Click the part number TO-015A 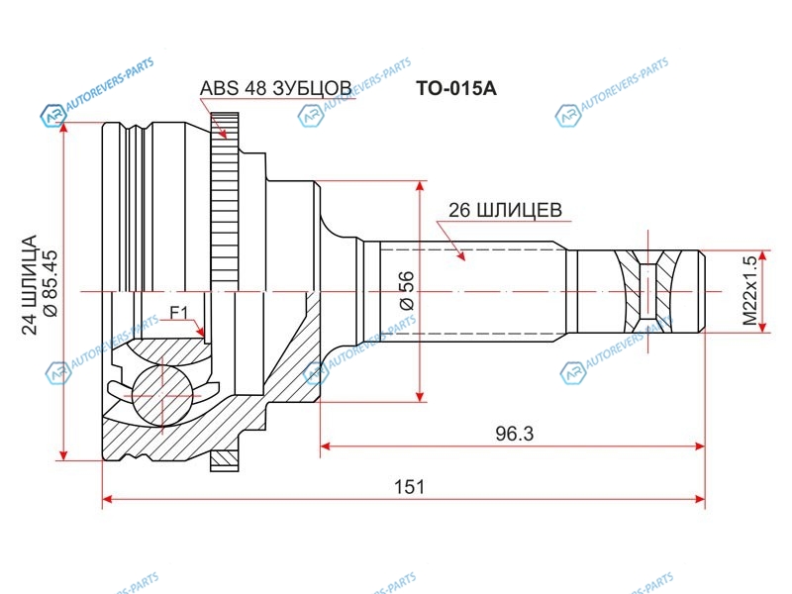[456, 88]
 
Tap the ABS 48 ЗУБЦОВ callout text [276, 88]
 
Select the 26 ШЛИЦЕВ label [505, 210]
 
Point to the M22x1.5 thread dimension [750, 291]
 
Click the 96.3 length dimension [514, 434]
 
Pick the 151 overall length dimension [409, 487]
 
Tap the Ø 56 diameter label [407, 290]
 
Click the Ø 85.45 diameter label [50, 284]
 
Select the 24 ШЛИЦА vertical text [30, 284]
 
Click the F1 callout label [178, 313]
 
